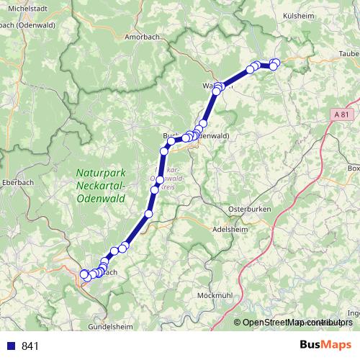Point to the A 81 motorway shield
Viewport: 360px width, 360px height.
tap(345, 114)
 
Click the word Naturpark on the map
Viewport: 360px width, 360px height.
tap(101, 173)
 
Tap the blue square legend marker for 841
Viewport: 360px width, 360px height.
tap(10, 346)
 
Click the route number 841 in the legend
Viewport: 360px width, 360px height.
tap(30, 346)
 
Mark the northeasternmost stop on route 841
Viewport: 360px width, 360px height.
tap(275, 63)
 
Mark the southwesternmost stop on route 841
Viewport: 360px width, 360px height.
tap(84, 274)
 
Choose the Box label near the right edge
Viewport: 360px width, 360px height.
tap(353, 168)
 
